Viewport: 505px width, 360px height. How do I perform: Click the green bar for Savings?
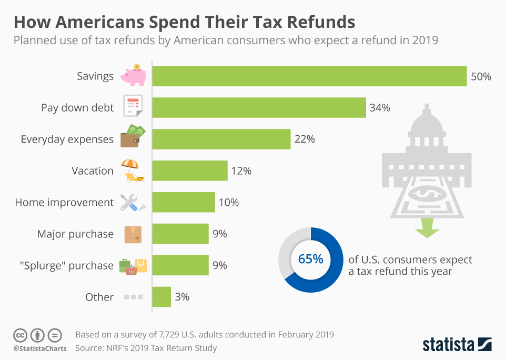pyautogui.click(x=309, y=76)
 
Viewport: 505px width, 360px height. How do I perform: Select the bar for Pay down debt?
pyautogui.click(x=259, y=107)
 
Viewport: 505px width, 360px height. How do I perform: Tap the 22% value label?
pyautogui.click(x=305, y=139)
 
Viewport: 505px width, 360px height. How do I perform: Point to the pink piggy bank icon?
pyautogui.click(x=133, y=76)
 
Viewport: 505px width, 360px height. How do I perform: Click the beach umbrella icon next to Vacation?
pyautogui.click(x=132, y=171)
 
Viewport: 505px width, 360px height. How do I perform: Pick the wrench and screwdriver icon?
pyautogui.click(x=132, y=203)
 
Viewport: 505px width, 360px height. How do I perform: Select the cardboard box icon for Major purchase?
pyautogui.click(x=133, y=234)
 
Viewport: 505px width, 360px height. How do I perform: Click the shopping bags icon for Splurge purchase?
pyautogui.click(x=133, y=266)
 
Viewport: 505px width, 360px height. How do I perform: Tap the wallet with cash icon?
pyautogui.click(x=133, y=138)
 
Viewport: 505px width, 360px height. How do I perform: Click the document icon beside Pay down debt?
pyautogui.click(x=132, y=107)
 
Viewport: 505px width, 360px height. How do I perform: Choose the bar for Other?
pyautogui.click(x=161, y=297)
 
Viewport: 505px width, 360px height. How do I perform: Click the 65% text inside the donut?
pyautogui.click(x=310, y=259)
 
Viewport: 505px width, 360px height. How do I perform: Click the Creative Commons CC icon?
pyautogui.click(x=19, y=335)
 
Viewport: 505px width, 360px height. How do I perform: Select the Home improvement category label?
pyautogui.click(x=64, y=203)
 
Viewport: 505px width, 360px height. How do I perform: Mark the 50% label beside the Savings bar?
pyautogui.click(x=481, y=76)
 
